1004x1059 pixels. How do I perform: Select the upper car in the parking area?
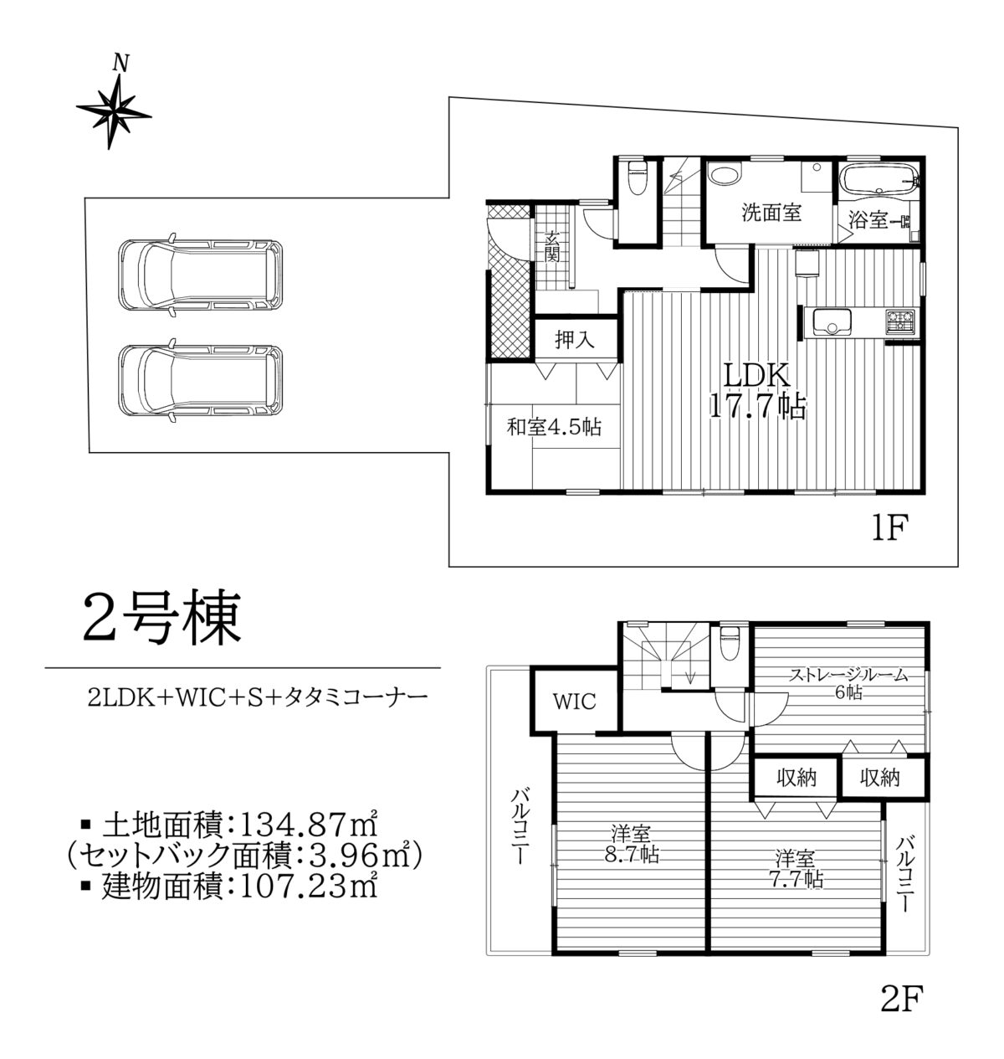point(200,275)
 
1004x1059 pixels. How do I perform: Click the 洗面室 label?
point(771,213)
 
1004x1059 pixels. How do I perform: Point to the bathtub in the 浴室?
point(879,179)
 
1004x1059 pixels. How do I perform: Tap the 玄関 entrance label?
point(551,247)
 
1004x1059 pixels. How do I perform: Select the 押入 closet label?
point(575,340)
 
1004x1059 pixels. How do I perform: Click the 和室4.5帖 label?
point(554,427)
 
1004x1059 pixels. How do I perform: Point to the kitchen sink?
point(831,322)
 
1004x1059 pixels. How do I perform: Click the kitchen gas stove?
point(899,321)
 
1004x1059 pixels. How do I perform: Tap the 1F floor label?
point(890,528)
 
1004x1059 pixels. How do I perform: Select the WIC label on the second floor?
point(575,702)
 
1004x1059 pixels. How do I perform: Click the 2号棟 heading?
point(161,619)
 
